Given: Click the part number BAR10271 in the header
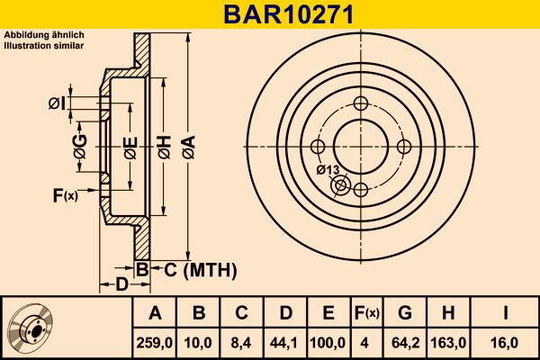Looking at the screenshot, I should coord(270,13).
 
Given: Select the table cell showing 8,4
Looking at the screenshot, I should coord(242,343).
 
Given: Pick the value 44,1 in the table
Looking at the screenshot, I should coord(285,343).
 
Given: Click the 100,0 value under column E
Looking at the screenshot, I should coord(328,343).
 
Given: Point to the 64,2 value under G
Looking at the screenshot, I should coord(405,343).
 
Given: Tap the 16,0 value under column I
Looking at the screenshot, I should coord(506,343).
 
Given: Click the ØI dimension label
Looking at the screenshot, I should coord(56,104).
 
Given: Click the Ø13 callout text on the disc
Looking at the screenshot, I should coord(328,168).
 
